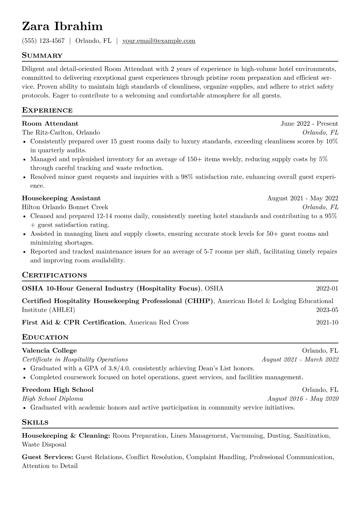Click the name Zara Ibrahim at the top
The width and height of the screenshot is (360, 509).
coord(62,27)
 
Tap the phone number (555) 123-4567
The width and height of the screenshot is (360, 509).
coord(43,41)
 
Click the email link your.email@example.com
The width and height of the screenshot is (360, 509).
coord(159,41)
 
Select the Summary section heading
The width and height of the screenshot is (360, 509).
coord(42,56)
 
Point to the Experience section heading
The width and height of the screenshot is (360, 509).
coord(47,110)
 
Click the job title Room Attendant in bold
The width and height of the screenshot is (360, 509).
coord(50,123)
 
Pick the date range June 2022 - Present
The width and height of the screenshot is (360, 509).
coord(309,123)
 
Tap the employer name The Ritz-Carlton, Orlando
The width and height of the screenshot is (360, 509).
coord(61,132)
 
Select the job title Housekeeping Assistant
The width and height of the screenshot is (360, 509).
coord(61,198)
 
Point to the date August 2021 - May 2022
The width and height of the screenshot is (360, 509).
coord(303,198)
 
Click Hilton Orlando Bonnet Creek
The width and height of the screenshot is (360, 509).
coord(65,207)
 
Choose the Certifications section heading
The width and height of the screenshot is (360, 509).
coord(54,275)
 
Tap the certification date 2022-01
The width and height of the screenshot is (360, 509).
coord(327,289)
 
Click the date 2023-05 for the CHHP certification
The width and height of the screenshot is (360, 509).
coord(327,310)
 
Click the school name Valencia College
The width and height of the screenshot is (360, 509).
coord(49,351)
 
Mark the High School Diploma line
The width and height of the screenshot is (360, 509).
coord(52,399)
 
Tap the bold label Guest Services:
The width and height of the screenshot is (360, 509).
coord(47,457)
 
